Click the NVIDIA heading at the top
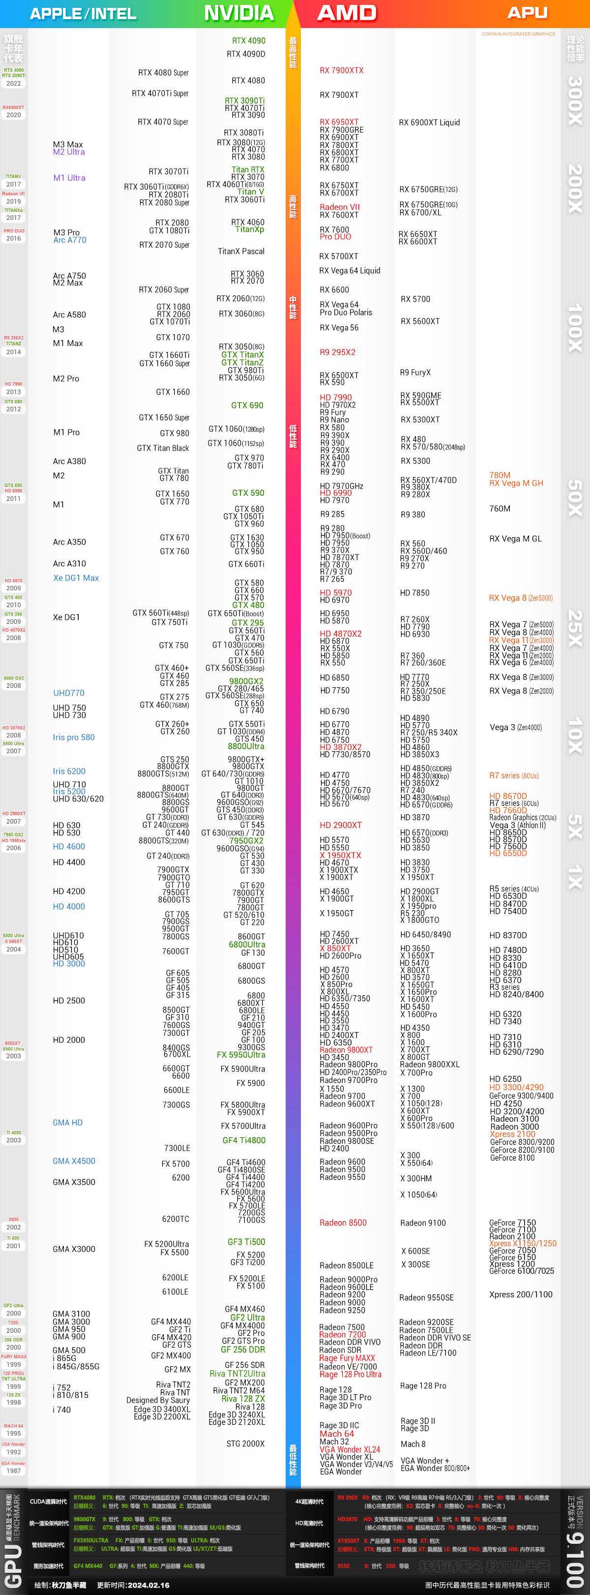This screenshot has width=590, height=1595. tap(238, 13)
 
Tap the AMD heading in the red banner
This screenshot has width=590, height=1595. tap(347, 13)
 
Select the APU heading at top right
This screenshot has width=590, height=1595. tap(527, 12)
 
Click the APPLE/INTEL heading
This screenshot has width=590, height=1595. tap(83, 14)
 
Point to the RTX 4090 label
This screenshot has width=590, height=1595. tap(248, 41)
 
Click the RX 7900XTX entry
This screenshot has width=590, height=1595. tap(341, 70)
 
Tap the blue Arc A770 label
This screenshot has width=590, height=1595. tap(69, 240)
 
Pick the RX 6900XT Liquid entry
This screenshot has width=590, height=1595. tap(429, 123)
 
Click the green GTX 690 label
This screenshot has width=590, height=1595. tap(247, 405)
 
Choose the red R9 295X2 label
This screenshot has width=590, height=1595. tap(337, 352)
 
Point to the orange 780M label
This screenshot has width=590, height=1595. tap(500, 476)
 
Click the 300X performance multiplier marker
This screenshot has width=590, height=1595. tap(575, 100)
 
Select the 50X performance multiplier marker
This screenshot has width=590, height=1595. tap(575, 498)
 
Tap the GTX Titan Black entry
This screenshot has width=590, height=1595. tap(163, 448)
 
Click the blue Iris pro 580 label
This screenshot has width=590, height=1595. tap(74, 737)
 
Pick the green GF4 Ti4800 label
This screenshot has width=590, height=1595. tap(243, 1140)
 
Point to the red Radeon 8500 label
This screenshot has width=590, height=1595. tap(343, 1223)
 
